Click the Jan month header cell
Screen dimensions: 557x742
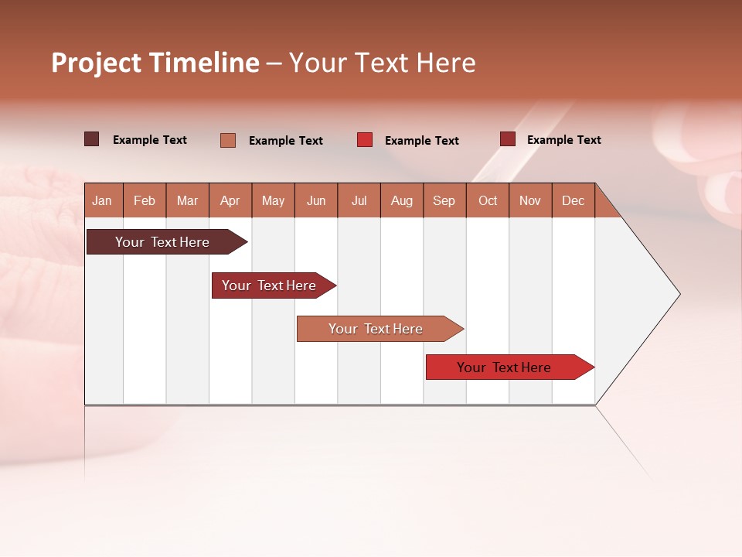103,200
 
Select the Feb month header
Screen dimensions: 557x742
145,200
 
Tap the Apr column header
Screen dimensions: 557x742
230,200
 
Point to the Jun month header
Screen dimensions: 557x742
316,200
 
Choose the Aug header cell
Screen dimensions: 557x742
401,200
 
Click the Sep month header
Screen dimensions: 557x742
444,200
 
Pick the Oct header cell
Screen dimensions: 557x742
488,200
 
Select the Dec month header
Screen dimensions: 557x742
573,200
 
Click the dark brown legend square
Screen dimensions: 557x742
92,139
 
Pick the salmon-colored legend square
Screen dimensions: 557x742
228,140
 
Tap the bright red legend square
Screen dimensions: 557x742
365,140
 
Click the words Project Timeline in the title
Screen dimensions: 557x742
155,63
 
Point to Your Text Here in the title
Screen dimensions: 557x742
383,63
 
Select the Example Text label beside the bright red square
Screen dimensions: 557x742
422,141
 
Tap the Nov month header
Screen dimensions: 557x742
530,200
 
